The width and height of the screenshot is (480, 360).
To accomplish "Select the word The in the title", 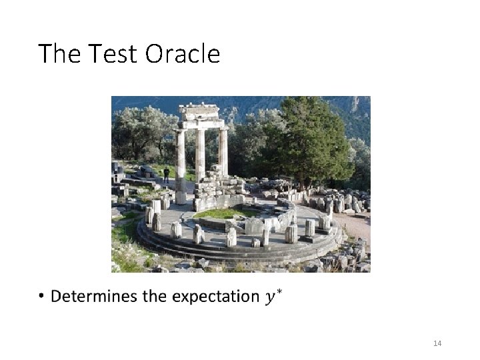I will pyautogui.click(x=59, y=53).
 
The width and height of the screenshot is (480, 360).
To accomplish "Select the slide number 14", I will pyautogui.click(x=437, y=343).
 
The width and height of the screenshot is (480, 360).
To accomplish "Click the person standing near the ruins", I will pyautogui.click(x=167, y=175).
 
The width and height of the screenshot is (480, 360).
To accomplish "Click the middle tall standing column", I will pyautogui.click(x=200, y=155).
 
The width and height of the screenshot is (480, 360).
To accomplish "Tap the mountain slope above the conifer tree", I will pyautogui.click(x=353, y=110).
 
